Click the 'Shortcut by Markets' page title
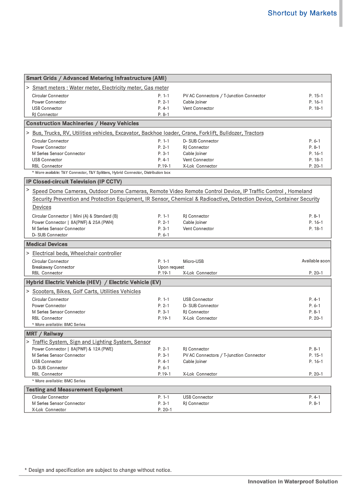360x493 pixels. pos(302,13)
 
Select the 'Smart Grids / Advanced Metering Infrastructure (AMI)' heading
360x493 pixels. pos(96,78)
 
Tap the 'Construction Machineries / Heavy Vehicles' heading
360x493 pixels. pos(82,124)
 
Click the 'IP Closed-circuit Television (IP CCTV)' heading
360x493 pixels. pos(74,182)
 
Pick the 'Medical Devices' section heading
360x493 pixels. pos(47,244)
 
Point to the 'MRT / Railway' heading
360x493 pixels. pos(44,334)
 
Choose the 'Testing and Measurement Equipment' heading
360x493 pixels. pos(74,389)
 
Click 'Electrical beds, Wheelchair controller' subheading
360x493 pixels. pos(77,253)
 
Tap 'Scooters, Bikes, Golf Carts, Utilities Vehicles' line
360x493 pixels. pos(86,291)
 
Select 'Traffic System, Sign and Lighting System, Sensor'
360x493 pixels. pos(91,342)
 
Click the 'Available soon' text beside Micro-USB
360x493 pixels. pos(316,261)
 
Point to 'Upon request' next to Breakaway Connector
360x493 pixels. pos(171,267)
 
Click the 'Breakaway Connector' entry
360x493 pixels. pos(53,267)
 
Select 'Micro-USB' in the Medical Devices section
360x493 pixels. pos(193,261)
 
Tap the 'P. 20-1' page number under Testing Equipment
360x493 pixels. pos(165,410)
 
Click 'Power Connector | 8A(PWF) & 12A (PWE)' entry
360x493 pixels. pos(72,349)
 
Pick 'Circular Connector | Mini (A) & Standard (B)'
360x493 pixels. pos(75,216)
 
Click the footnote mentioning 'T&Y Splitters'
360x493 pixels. pos(101,172)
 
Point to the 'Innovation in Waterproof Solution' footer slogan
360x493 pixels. pos(293,481)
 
